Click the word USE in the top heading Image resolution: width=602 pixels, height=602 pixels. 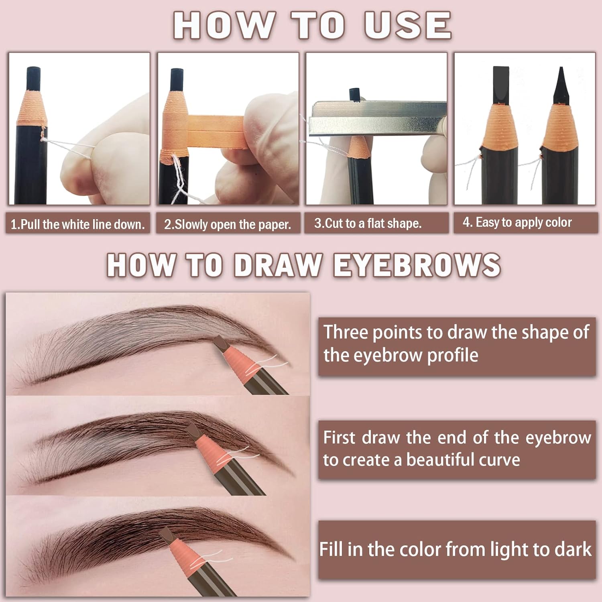point(407,25)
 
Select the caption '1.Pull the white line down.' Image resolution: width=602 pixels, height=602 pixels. point(77,224)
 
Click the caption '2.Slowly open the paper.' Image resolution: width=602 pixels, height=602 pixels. point(227,224)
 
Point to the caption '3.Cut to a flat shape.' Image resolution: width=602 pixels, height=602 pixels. point(368,223)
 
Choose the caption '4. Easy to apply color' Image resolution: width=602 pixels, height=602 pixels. point(517,222)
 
